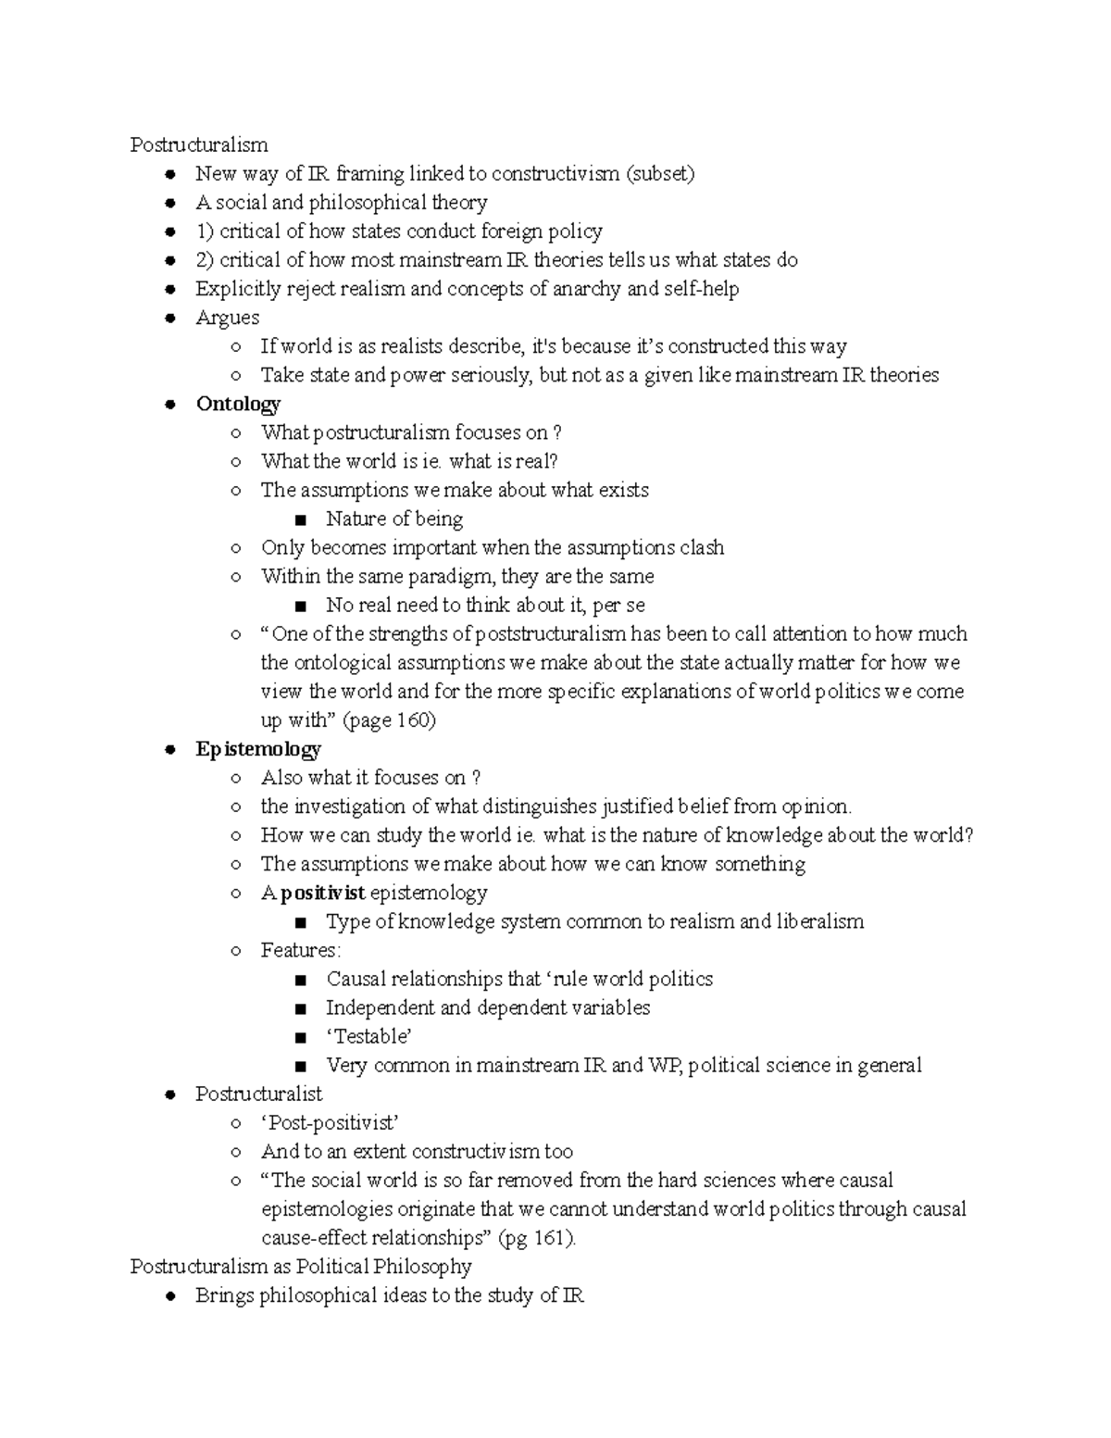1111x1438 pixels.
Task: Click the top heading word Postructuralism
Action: click(199, 144)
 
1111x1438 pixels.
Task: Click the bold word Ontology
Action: click(238, 404)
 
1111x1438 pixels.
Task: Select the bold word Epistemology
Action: click(258, 749)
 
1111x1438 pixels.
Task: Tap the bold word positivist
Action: click(322, 893)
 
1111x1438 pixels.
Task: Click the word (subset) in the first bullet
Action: click(660, 173)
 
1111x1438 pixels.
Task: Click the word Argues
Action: click(227, 318)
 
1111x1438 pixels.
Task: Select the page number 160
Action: click(413, 720)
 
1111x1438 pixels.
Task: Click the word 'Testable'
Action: click(368, 1036)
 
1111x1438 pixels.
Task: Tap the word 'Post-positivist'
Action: click(331, 1123)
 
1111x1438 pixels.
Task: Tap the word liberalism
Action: click(819, 921)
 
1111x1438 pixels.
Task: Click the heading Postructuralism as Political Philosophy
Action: click(301, 1266)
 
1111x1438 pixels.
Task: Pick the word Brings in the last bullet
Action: click(224, 1295)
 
